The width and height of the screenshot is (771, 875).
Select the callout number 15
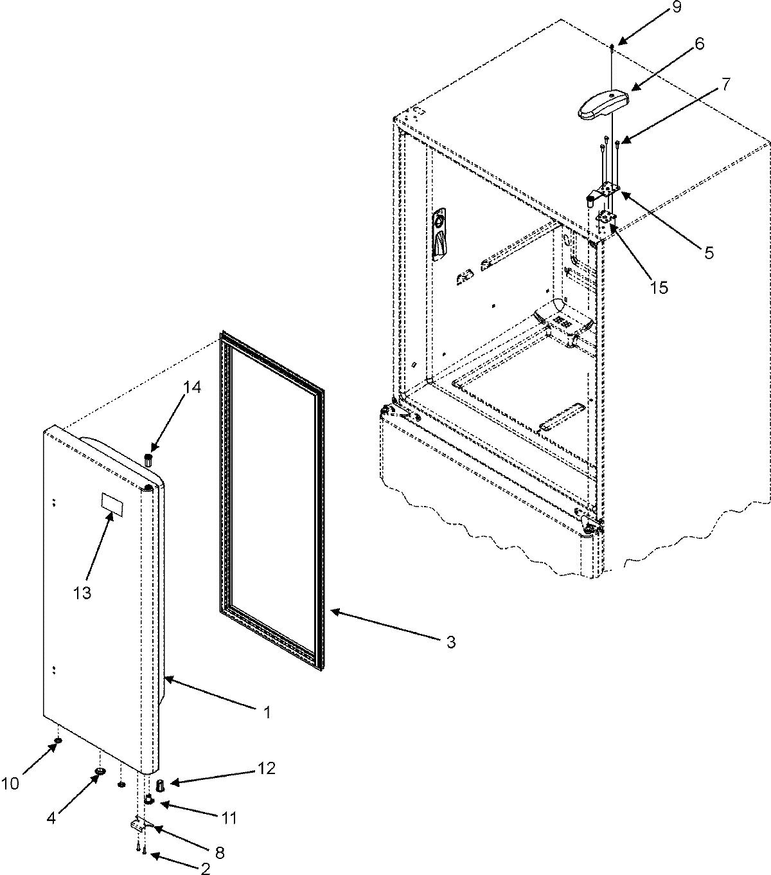(x=659, y=287)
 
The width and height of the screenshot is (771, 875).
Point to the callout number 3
(x=451, y=641)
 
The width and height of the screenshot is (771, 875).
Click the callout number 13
(x=82, y=592)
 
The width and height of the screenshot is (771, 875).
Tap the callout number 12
(x=267, y=768)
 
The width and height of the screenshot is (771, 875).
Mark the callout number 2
(x=205, y=869)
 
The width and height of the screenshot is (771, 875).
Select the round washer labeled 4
(x=100, y=771)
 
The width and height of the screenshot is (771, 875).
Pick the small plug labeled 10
(x=58, y=742)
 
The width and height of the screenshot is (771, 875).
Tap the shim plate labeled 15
(x=607, y=219)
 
